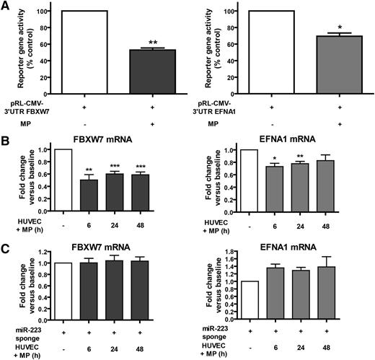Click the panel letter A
(6, 6)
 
